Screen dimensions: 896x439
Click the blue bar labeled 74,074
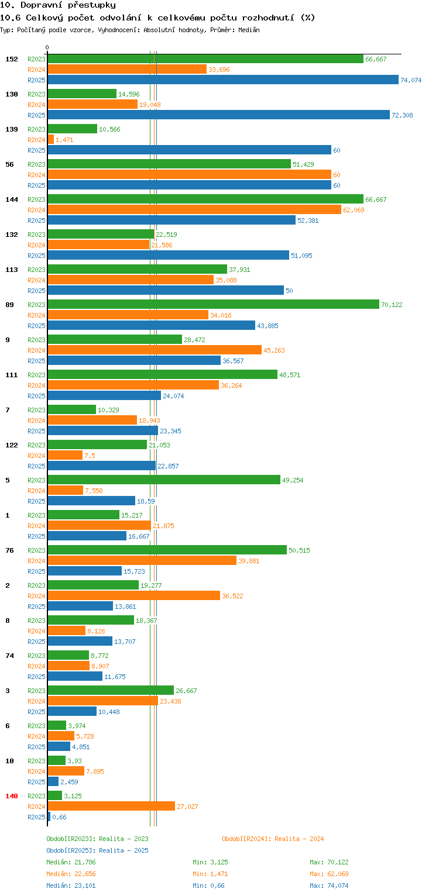tap(222, 80)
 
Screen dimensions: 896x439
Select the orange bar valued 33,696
tap(127, 70)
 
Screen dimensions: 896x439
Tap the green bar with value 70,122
tap(213, 305)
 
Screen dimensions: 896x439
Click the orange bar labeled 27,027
tap(111, 807)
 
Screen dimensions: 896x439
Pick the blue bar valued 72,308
tap(218, 115)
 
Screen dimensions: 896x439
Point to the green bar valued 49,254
tap(163, 480)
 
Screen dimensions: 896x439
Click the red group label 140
tap(12, 796)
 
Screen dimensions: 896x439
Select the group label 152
tap(12, 59)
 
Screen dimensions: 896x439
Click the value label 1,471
tap(64, 140)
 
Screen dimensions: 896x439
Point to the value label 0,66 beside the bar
tap(59, 817)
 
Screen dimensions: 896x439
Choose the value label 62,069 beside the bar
tap(354, 210)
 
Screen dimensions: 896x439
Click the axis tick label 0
tap(47, 47)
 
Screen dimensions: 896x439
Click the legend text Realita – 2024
tap(299, 839)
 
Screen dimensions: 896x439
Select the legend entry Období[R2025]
tap(71, 850)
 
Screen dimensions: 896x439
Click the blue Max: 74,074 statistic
tap(329, 885)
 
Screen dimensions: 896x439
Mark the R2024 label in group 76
tap(36, 561)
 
